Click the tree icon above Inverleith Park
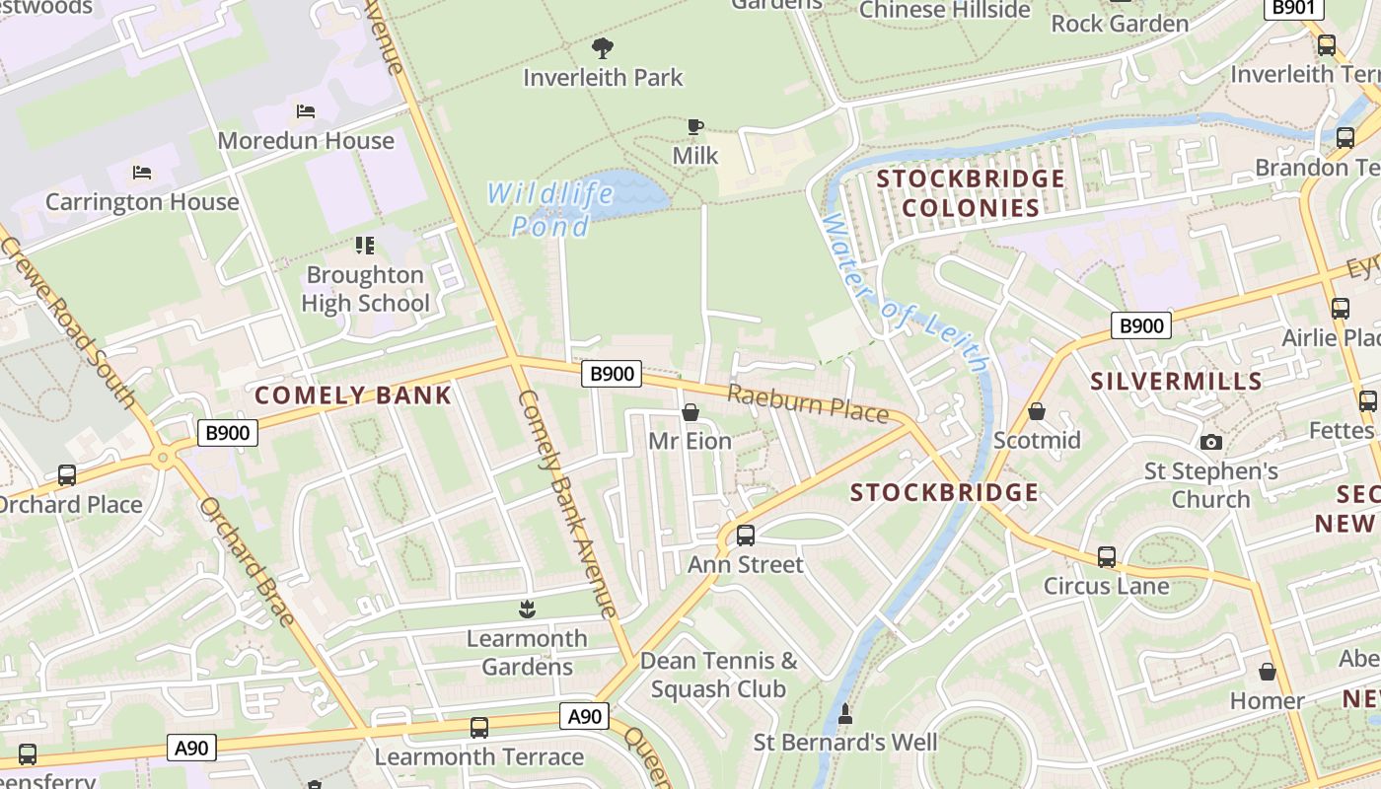[602, 47]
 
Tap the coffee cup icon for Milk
[695, 126]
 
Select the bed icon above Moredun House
[306, 111]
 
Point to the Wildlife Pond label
[550, 209]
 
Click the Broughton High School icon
[365, 245]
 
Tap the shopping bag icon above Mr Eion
[690, 412]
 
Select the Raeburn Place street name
[808, 403]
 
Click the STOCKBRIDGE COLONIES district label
[971, 193]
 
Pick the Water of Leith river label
[905, 293]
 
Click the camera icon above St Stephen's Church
[1211, 443]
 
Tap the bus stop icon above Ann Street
[746, 536]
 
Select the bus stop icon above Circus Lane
[1107, 557]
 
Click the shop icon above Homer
[1268, 673]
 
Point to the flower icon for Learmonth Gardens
[527, 610]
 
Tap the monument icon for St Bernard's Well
[844, 712]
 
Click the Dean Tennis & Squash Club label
[718, 675]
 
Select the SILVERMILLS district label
[1176, 381]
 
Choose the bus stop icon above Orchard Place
[67, 475]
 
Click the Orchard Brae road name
[247, 561]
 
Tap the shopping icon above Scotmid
[1037, 411]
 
